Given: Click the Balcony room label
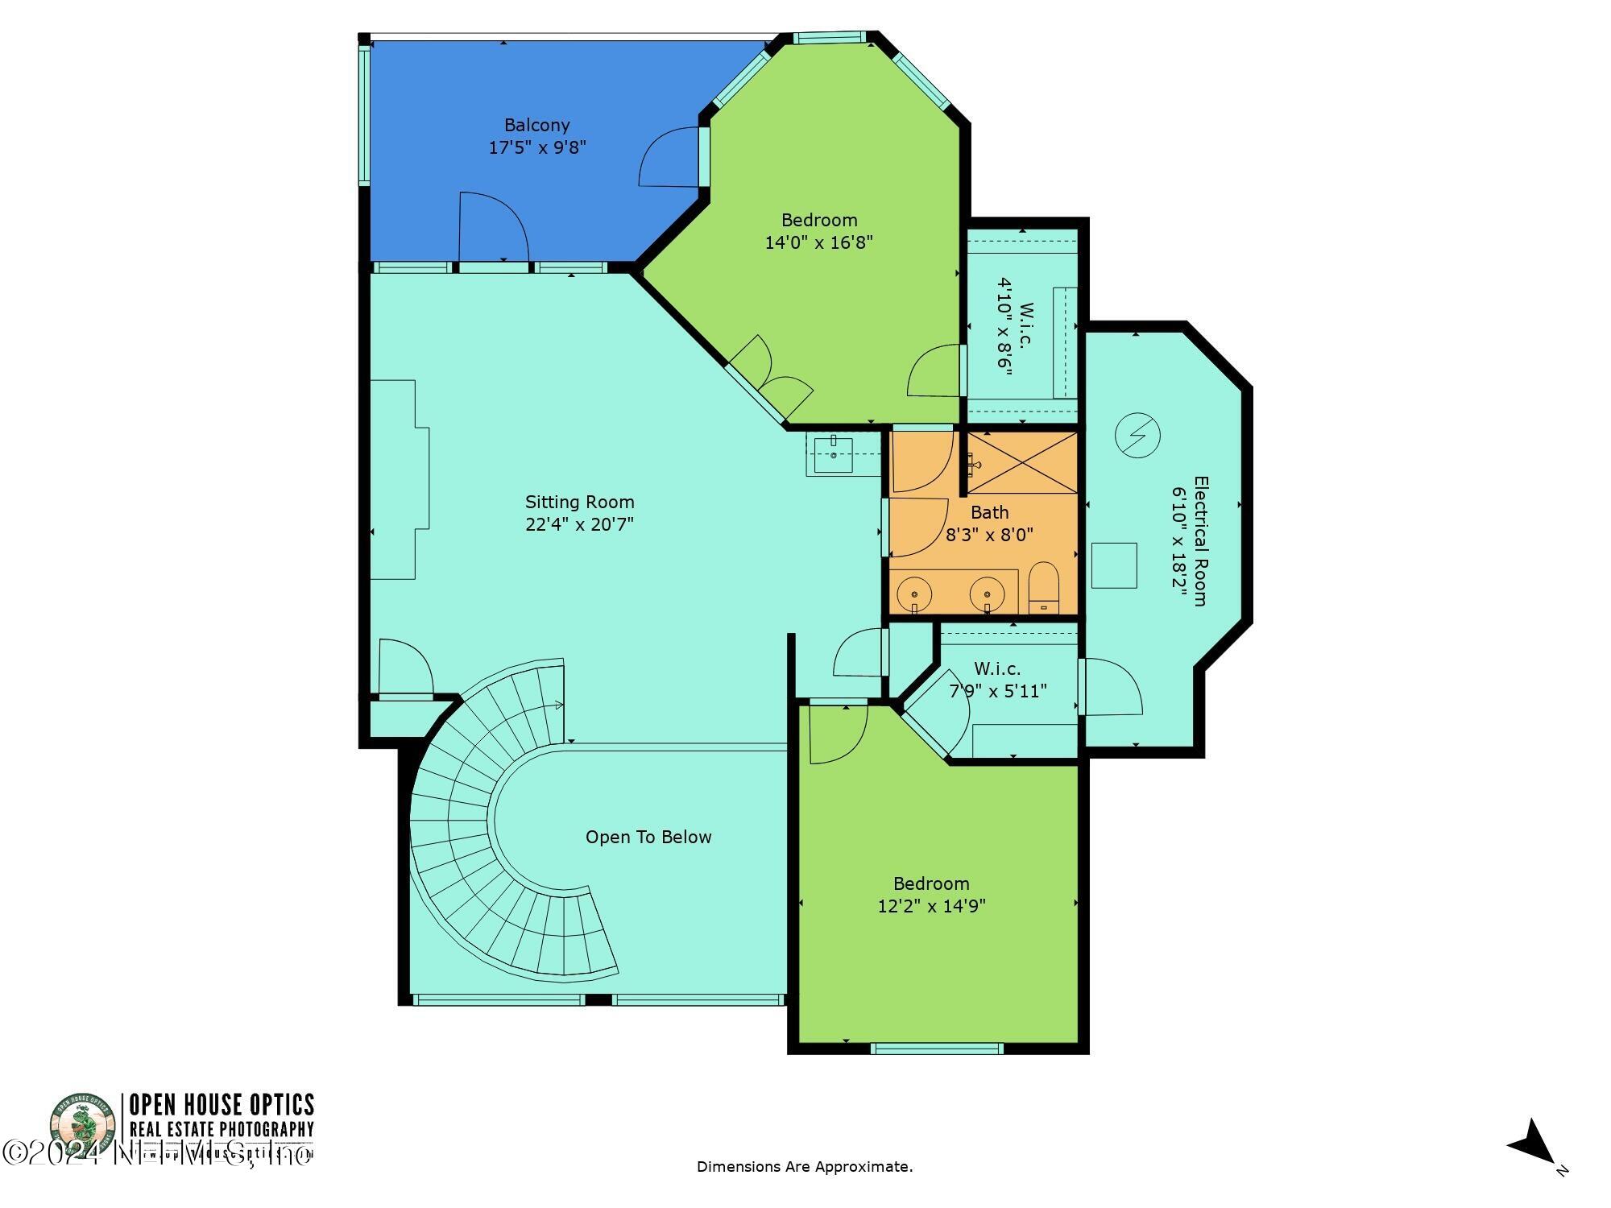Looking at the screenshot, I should pyautogui.click(x=537, y=126).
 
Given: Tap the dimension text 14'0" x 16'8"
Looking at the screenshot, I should pyautogui.click(x=818, y=242).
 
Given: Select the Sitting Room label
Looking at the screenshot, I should pyautogui.click(x=580, y=503).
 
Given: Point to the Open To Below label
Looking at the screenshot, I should pyautogui.click(x=648, y=838).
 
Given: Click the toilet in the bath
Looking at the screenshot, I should pyautogui.click(x=1043, y=588).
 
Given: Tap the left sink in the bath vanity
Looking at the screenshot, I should pyautogui.click(x=914, y=594).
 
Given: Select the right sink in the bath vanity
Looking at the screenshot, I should pyautogui.click(x=987, y=594).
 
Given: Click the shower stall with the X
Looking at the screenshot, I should pyautogui.click(x=1021, y=462).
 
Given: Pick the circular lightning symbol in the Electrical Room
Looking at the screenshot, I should pyautogui.click(x=1137, y=436).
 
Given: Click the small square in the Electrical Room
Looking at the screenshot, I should pyautogui.click(x=1114, y=565).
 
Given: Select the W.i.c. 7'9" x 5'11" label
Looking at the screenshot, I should pyautogui.click(x=997, y=680).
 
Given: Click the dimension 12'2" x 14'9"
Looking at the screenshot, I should pyautogui.click(x=931, y=906).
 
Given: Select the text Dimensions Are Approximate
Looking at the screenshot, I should pyautogui.click(x=804, y=1166).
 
